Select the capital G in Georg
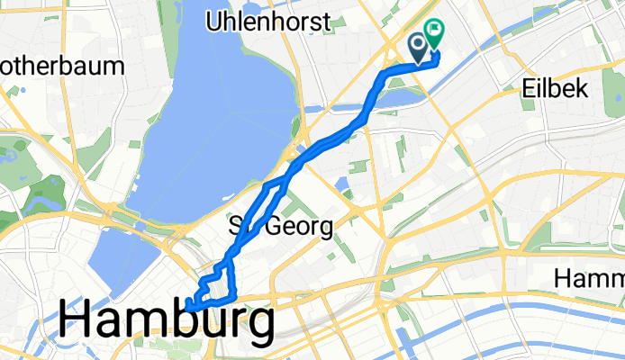(x=273, y=226)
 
